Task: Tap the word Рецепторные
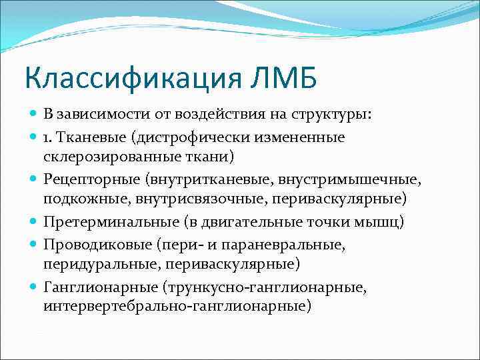click(87, 179)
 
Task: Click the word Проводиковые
click(89, 245)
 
